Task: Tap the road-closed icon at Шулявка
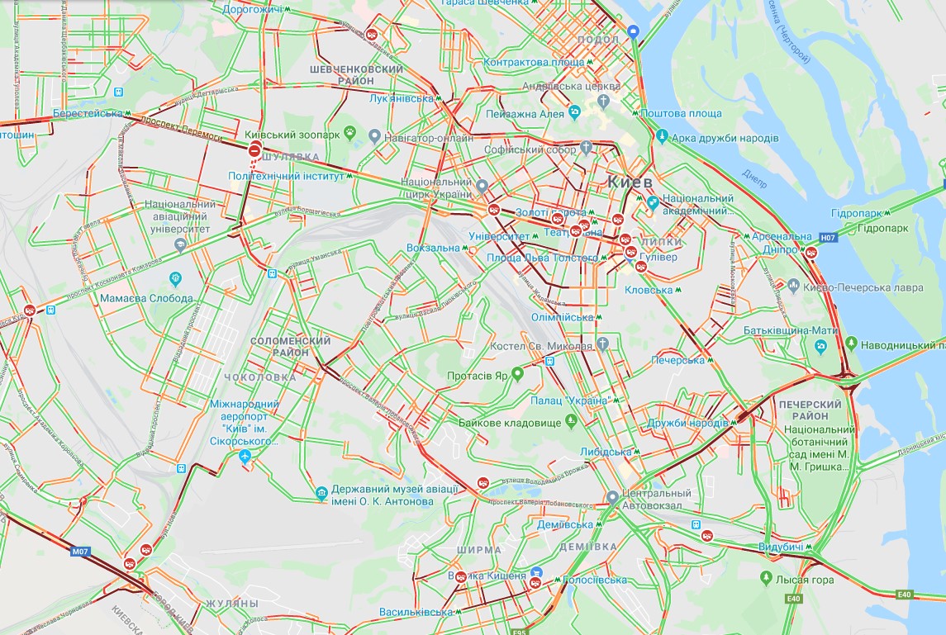255,150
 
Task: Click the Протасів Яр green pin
518,375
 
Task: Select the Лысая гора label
805,580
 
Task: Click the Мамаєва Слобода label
146,298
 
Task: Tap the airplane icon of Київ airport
244,456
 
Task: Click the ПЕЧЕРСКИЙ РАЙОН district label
810,410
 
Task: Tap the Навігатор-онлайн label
427,138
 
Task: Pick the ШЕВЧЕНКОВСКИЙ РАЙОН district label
356,74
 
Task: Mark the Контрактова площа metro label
534,62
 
